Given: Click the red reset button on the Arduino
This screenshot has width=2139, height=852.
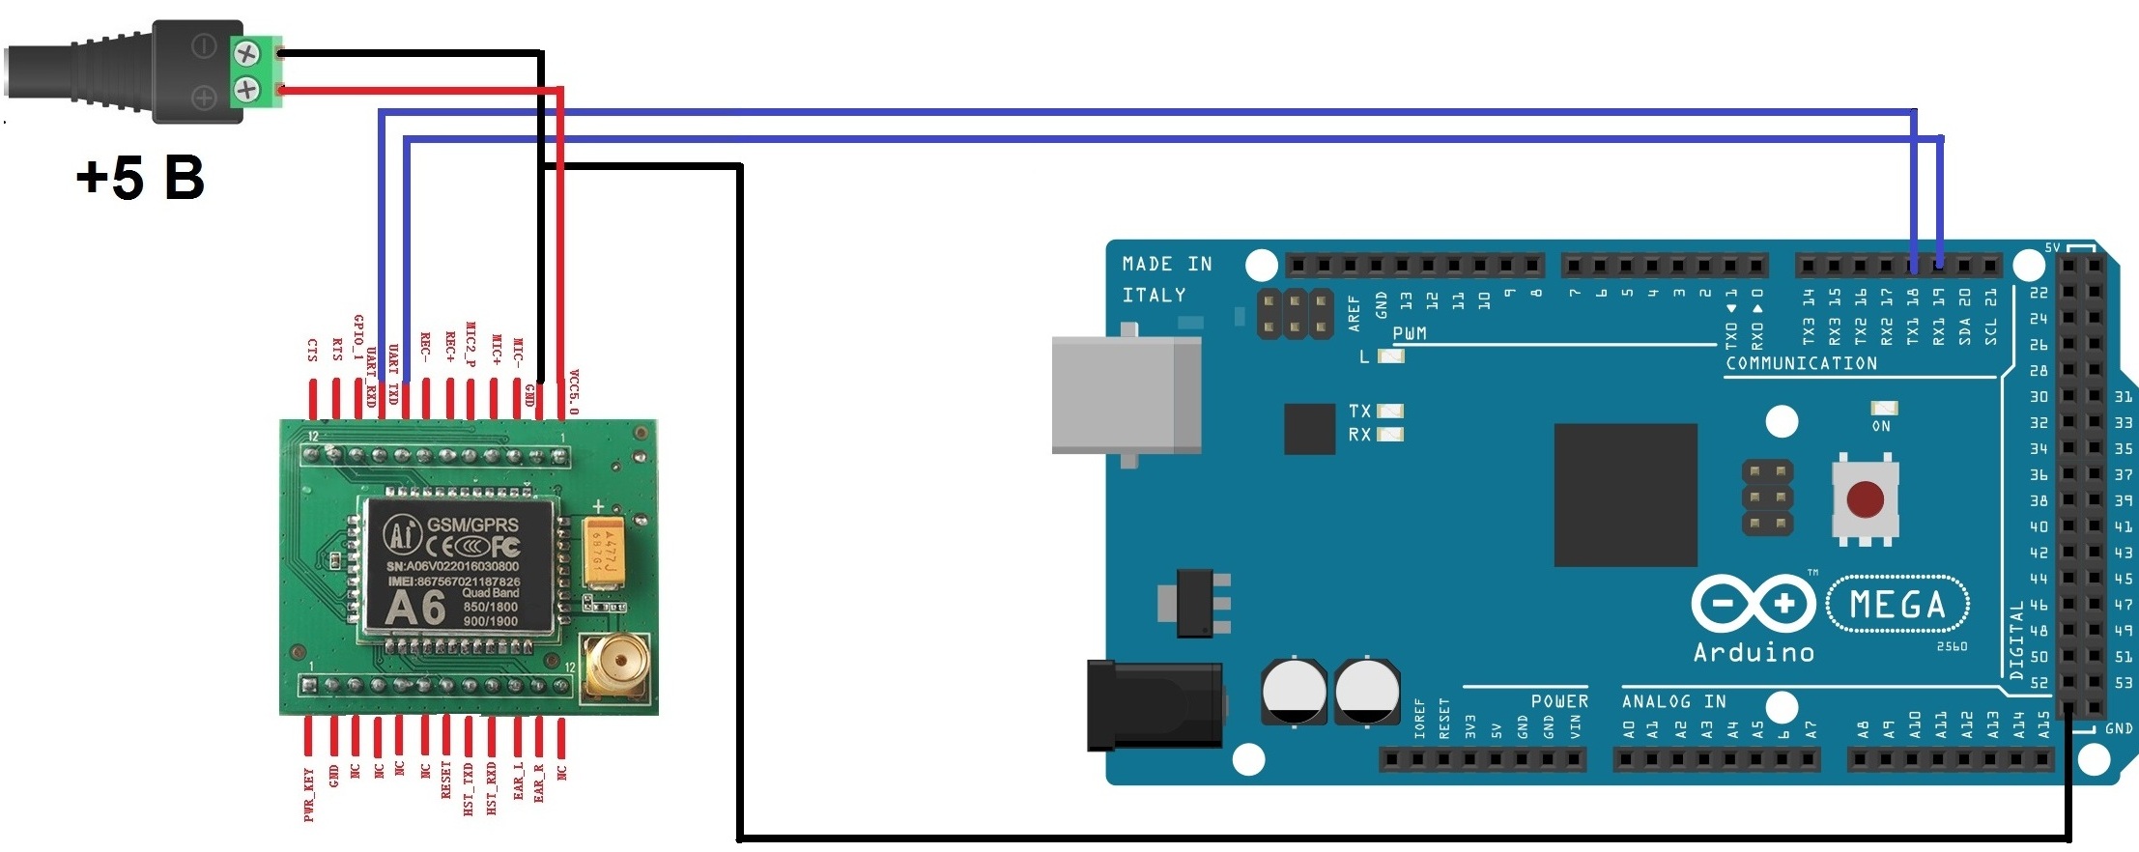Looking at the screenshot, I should pyautogui.click(x=1865, y=499).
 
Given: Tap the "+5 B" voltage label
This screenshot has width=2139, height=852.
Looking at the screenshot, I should pyautogui.click(x=141, y=179).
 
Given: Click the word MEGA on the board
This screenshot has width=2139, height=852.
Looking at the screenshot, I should pyautogui.click(x=1897, y=606).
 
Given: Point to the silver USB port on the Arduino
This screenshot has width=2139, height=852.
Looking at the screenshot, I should pyautogui.click(x=1126, y=394).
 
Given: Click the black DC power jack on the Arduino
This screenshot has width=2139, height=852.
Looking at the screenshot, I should pyautogui.click(x=1154, y=705).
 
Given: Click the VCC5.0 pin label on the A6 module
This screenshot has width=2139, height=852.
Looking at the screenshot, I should pyautogui.click(x=573, y=391).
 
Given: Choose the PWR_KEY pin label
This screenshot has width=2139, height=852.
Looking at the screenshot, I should pyautogui.click(x=309, y=794).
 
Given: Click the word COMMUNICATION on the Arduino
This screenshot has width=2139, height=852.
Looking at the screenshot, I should pyautogui.click(x=1801, y=364).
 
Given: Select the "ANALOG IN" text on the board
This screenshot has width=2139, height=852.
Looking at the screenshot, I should pyautogui.click(x=1673, y=701).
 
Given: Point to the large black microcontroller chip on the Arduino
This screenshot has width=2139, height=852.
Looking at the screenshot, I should pyautogui.click(x=1625, y=495).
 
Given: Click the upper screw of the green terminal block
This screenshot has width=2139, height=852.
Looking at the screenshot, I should pyautogui.click(x=247, y=53).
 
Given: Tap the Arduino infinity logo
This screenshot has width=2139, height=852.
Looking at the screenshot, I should pyautogui.click(x=1754, y=605).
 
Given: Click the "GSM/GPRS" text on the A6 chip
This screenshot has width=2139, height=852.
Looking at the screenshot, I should pyautogui.click(x=473, y=524).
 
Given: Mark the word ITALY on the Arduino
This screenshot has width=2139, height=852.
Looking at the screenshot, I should pyautogui.click(x=1154, y=296).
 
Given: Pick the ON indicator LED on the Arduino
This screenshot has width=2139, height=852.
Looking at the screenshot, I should pyautogui.click(x=1883, y=409).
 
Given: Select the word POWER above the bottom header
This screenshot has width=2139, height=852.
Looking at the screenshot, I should pyautogui.click(x=1559, y=701).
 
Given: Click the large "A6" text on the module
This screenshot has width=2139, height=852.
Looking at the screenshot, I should pyautogui.click(x=414, y=609).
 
